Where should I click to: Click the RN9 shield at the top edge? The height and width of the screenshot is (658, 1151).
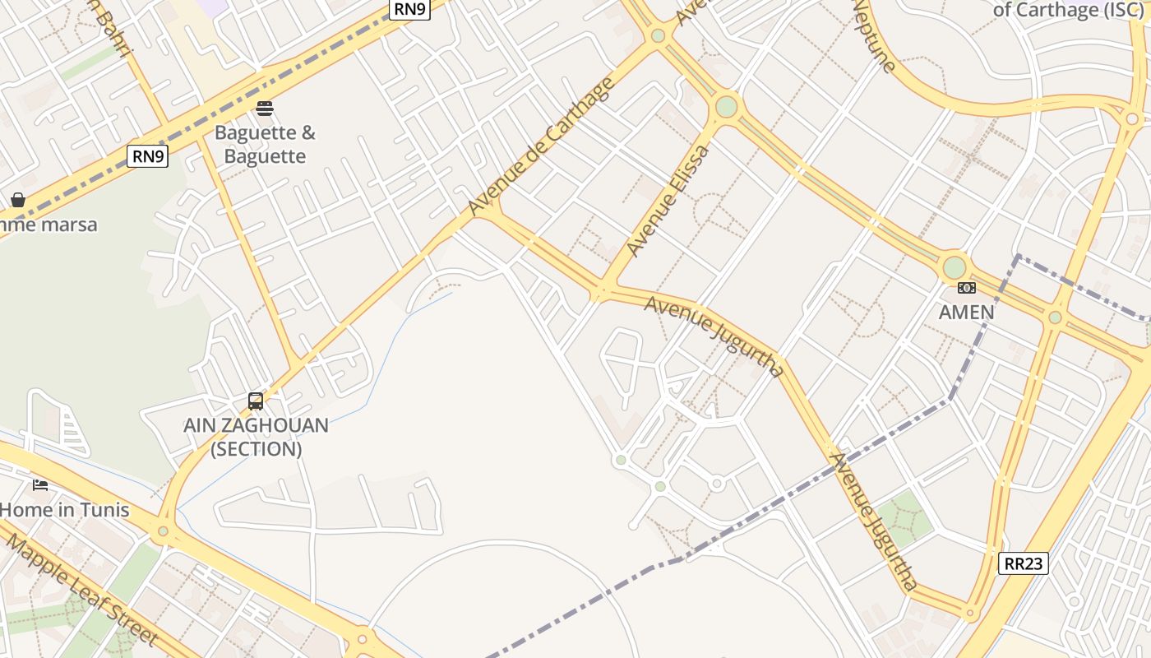(x=409, y=9)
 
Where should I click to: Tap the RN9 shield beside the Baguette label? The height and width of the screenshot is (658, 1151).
(x=148, y=156)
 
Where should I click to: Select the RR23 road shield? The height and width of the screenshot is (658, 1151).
(x=1024, y=563)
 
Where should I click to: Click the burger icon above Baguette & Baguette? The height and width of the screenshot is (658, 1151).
(x=265, y=109)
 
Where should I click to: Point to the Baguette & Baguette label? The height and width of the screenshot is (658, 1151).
(x=265, y=145)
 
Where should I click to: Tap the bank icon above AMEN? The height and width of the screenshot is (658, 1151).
(x=967, y=288)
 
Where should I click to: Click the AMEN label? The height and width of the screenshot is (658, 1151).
(x=967, y=313)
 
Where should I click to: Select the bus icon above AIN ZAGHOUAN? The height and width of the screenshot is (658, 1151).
(x=256, y=401)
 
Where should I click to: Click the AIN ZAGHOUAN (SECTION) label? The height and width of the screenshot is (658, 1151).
(x=256, y=437)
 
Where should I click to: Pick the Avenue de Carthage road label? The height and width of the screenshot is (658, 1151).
(x=542, y=146)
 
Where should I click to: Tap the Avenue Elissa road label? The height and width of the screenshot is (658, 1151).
(x=667, y=200)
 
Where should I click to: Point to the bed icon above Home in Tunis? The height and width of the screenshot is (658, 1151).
(x=40, y=485)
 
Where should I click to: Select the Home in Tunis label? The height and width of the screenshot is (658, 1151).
(x=64, y=510)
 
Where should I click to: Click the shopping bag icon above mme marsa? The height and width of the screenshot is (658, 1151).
(x=17, y=200)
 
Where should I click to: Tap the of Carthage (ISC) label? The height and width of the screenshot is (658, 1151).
(x=1068, y=10)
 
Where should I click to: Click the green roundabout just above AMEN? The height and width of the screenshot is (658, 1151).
(x=954, y=267)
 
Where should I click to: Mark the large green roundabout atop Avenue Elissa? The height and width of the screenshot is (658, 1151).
(x=726, y=107)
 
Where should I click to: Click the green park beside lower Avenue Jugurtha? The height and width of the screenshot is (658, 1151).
(x=904, y=518)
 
